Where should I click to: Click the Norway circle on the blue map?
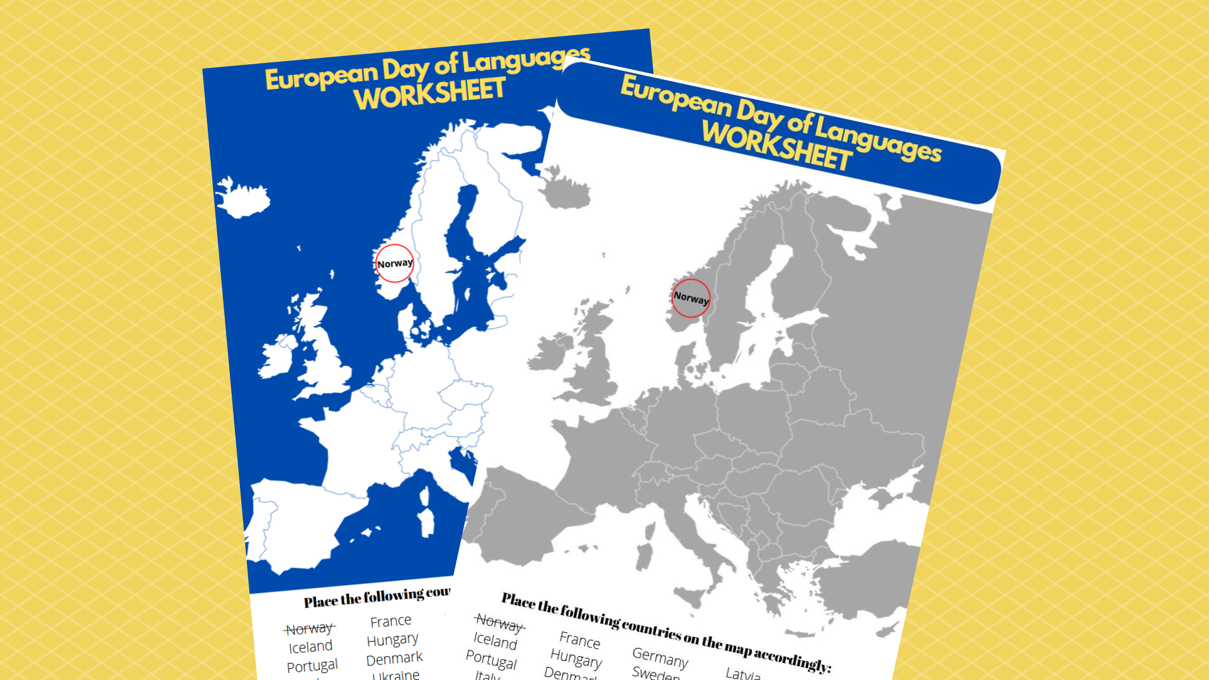(x=394, y=263)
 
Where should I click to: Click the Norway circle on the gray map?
(x=691, y=298)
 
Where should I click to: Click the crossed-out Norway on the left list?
(x=309, y=628)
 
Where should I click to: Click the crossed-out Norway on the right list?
(x=499, y=623)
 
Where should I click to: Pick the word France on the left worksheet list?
(x=390, y=621)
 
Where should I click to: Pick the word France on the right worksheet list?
(x=579, y=640)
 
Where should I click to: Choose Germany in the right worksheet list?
(x=660, y=657)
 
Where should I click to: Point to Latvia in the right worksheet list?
(x=743, y=674)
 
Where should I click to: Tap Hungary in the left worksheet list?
(x=392, y=640)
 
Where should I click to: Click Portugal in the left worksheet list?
(x=312, y=666)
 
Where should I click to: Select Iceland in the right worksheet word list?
(x=495, y=640)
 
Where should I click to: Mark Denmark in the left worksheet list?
(x=394, y=659)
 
